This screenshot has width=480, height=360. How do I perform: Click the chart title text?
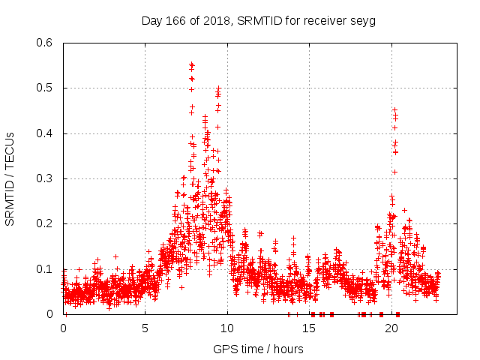[x=259, y=20]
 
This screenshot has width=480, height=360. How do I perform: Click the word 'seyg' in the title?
[x=363, y=20]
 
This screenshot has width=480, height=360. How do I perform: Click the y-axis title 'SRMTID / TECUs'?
[x=10, y=179]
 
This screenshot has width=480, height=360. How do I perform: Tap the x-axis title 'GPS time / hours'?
[x=259, y=349]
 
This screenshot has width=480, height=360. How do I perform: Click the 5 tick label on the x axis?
[x=145, y=328]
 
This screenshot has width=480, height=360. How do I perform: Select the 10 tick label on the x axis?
[x=227, y=328]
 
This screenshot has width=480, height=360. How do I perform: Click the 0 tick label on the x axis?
[x=63, y=328]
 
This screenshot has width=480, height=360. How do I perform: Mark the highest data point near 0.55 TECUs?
[x=192, y=64]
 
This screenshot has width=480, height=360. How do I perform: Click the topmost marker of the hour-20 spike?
[x=394, y=109]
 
